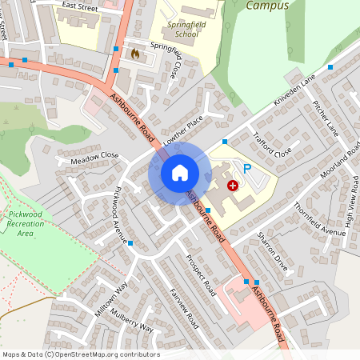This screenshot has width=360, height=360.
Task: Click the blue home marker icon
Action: (x=180, y=172)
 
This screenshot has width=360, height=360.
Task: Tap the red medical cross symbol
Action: (x=233, y=185)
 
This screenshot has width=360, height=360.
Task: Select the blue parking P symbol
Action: (x=247, y=169)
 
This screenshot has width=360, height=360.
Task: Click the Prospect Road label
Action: (x=201, y=273)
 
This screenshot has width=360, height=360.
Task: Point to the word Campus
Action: (x=267, y=6)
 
